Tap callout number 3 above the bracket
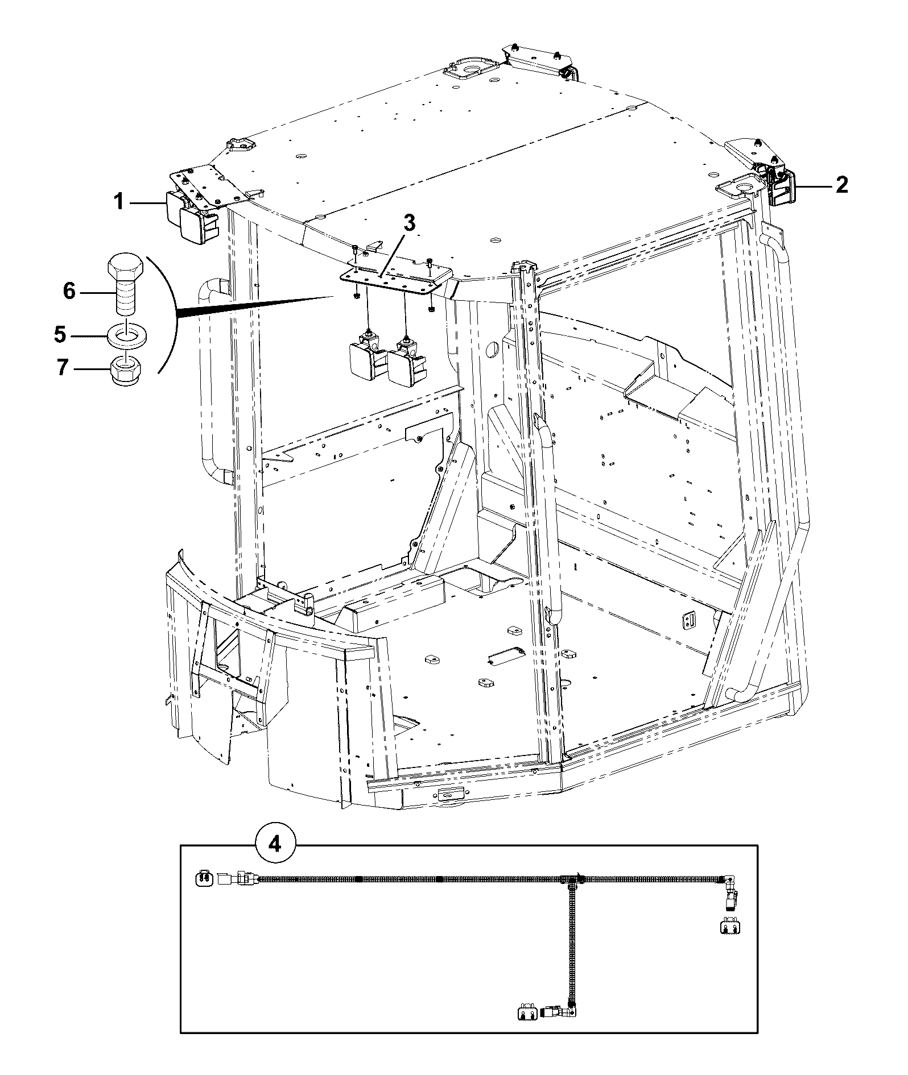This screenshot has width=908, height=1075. (x=410, y=223)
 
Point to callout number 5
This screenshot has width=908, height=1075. (x=60, y=334)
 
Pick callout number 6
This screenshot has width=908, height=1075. (x=69, y=291)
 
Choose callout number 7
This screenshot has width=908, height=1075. (x=63, y=368)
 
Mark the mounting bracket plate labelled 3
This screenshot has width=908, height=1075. (x=395, y=275)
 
